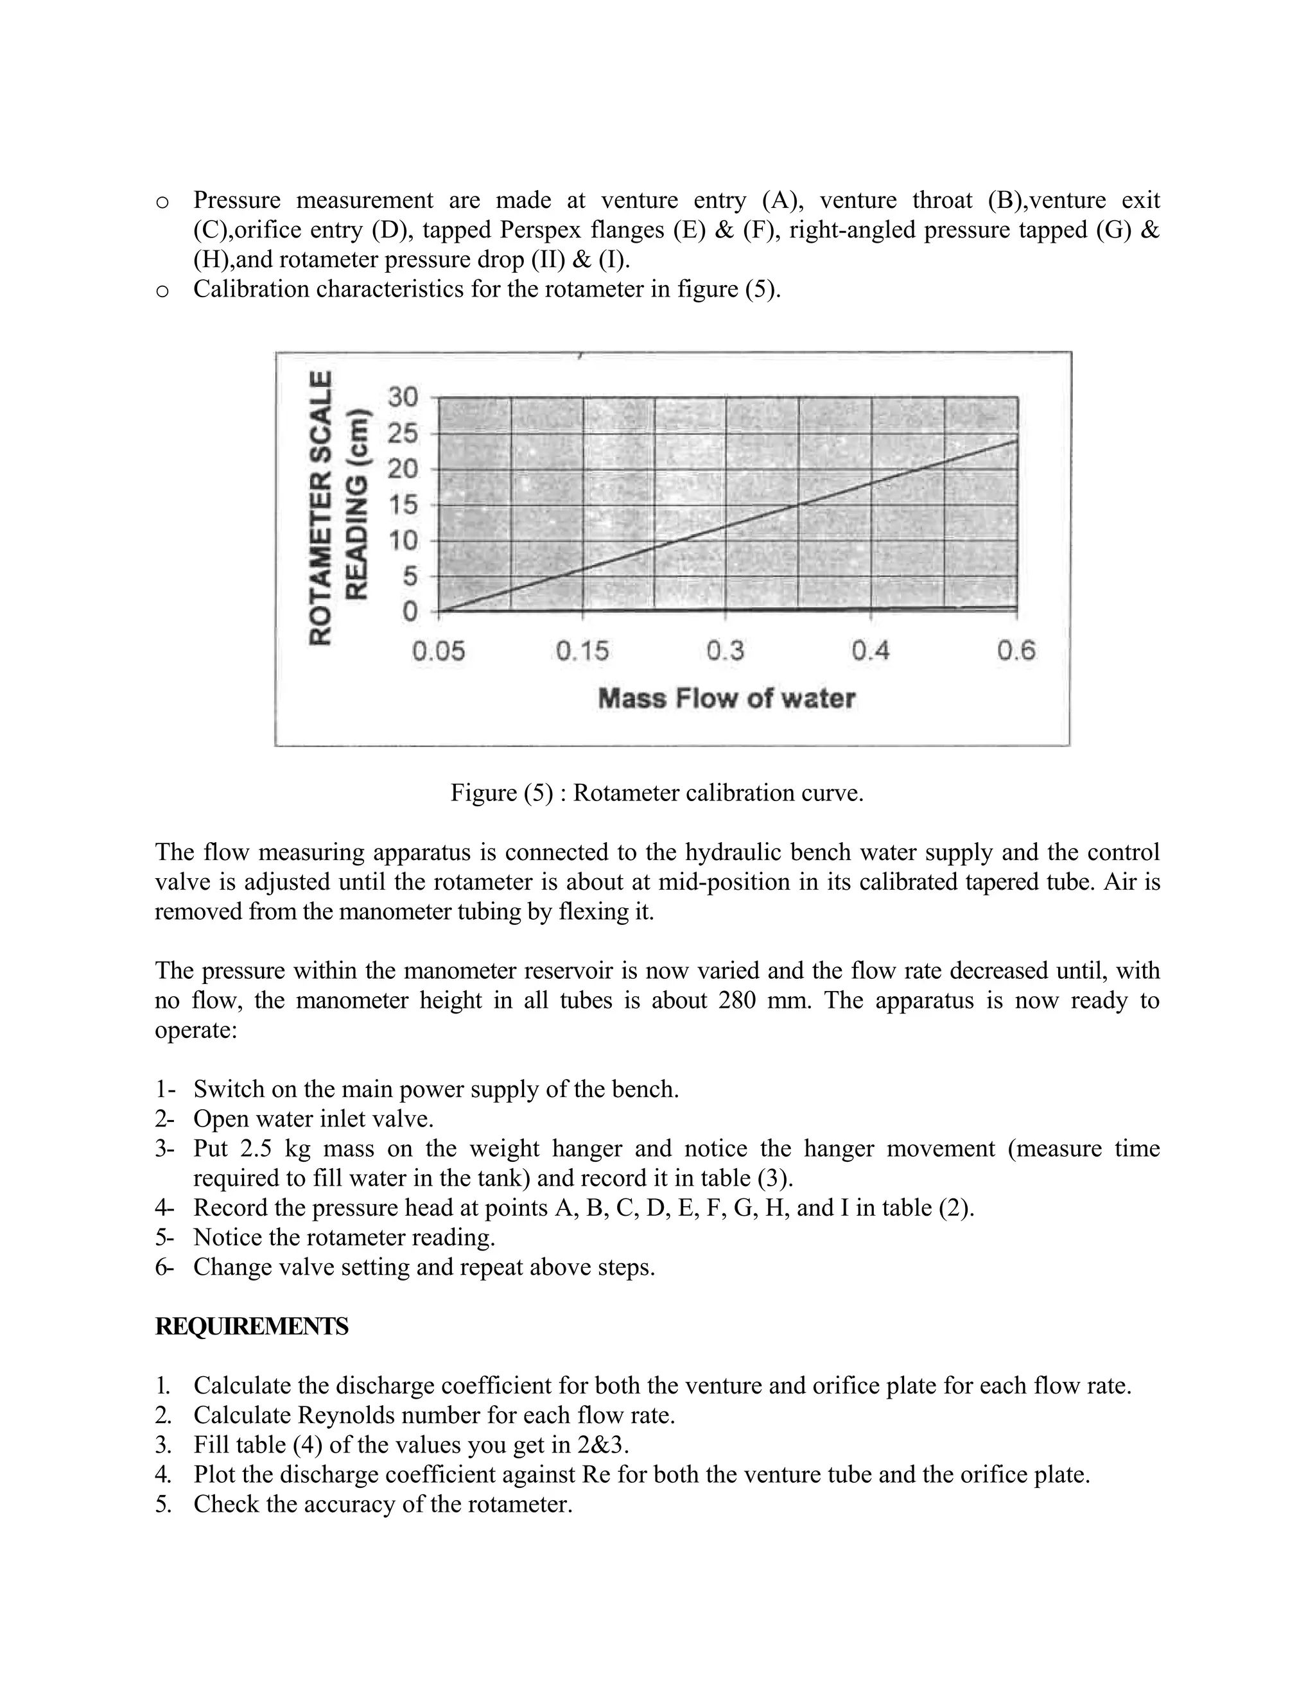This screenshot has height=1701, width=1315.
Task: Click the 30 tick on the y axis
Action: (403, 397)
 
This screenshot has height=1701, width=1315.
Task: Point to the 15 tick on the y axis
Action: (403, 505)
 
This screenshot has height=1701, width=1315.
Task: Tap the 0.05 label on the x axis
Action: (439, 650)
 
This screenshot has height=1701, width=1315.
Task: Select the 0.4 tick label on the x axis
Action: (870, 650)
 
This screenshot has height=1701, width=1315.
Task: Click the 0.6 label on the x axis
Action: (1016, 650)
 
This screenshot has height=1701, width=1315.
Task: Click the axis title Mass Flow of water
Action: (726, 698)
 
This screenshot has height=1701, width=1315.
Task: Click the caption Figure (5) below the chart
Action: (657, 793)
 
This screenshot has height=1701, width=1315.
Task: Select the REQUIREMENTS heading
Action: (251, 1326)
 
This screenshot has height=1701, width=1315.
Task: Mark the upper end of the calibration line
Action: (1016, 441)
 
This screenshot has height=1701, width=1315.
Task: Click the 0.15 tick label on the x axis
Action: (583, 650)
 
